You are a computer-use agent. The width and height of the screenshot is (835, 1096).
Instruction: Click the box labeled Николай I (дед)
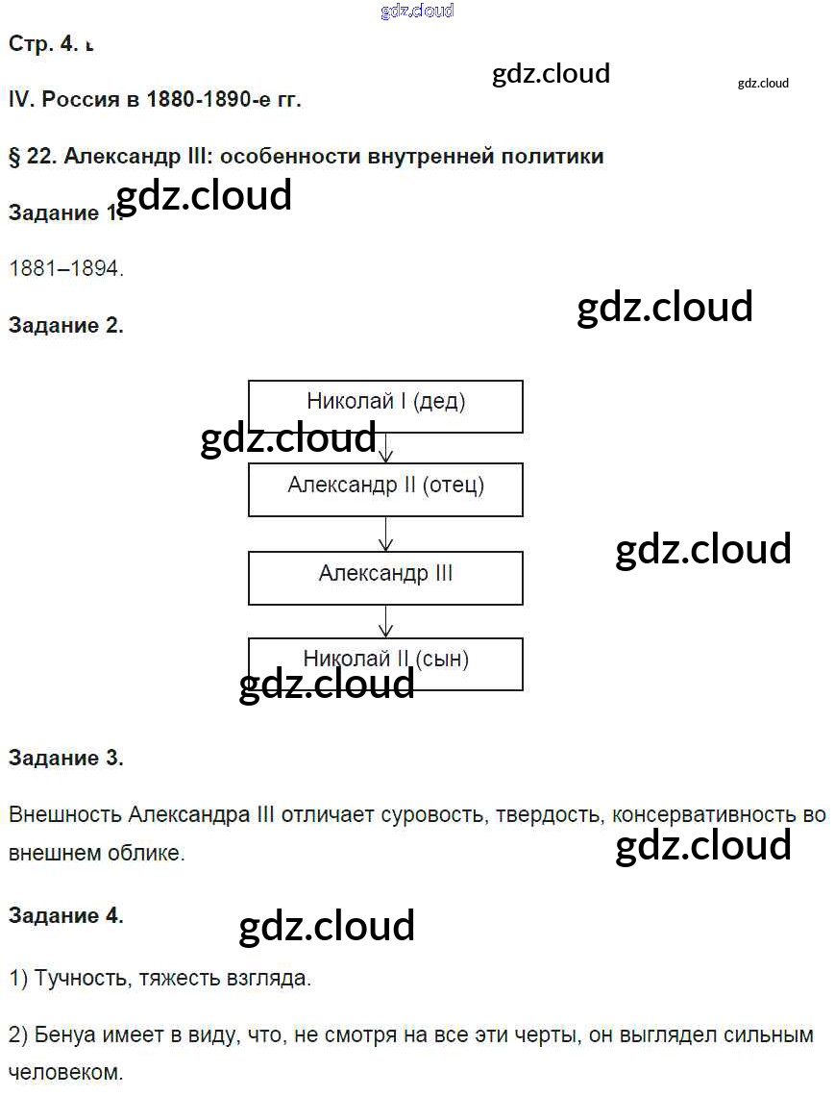(x=385, y=405)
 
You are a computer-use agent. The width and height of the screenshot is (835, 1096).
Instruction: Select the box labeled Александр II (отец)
(x=385, y=488)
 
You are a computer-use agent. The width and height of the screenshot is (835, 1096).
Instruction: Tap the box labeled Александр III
(x=385, y=577)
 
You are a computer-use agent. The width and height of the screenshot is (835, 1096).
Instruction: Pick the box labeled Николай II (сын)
(x=385, y=662)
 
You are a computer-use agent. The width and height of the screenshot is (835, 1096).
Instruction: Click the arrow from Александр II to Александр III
(x=385, y=534)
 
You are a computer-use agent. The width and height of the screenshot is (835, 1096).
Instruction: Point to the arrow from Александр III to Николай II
(x=385, y=620)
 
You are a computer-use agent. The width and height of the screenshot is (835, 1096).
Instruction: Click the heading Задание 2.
(x=66, y=325)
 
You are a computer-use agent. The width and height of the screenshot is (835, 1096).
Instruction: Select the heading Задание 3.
(x=66, y=758)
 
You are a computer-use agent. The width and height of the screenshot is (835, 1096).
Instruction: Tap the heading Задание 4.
(x=66, y=915)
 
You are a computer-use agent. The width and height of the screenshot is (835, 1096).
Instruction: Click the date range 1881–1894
(x=66, y=268)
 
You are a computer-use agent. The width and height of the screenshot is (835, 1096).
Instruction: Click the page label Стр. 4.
(x=43, y=43)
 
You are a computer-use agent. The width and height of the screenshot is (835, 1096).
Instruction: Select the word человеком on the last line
(x=66, y=1072)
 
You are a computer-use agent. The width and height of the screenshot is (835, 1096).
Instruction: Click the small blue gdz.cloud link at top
(x=417, y=12)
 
